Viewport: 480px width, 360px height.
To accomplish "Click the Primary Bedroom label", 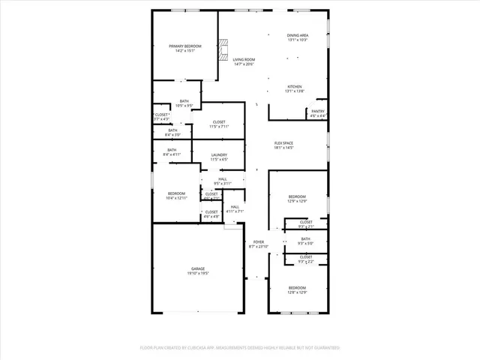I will point(184,46).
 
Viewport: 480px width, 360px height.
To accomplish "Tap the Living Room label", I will point(243,59).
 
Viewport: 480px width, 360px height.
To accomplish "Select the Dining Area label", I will point(298,35).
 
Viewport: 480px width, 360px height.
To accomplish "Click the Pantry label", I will point(318,111).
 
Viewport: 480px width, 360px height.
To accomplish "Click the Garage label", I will point(198,268).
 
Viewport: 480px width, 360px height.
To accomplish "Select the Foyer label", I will point(259,241).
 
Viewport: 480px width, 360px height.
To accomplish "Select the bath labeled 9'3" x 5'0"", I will point(305,241).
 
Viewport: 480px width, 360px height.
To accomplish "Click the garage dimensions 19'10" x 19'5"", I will point(198,273).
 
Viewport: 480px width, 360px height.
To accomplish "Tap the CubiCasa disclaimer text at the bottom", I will point(240,348).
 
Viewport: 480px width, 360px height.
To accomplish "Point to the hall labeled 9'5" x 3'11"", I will point(223,181).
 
